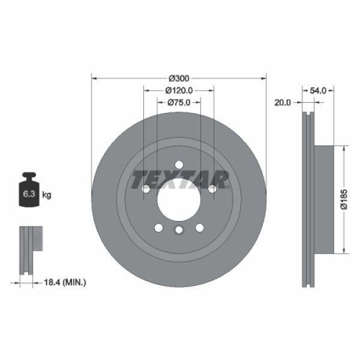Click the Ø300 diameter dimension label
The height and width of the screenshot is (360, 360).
(x=179, y=76)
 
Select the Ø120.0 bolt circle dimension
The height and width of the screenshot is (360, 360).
(x=179, y=90)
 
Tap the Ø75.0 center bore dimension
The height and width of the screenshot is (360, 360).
(x=179, y=102)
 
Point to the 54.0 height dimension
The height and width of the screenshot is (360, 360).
(x=318, y=91)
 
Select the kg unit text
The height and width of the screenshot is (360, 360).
(x=46, y=194)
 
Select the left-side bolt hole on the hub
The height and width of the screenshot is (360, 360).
(x=145, y=189)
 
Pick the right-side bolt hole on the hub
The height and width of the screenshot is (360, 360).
(x=212, y=189)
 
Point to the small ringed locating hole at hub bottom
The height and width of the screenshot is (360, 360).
(x=179, y=230)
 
